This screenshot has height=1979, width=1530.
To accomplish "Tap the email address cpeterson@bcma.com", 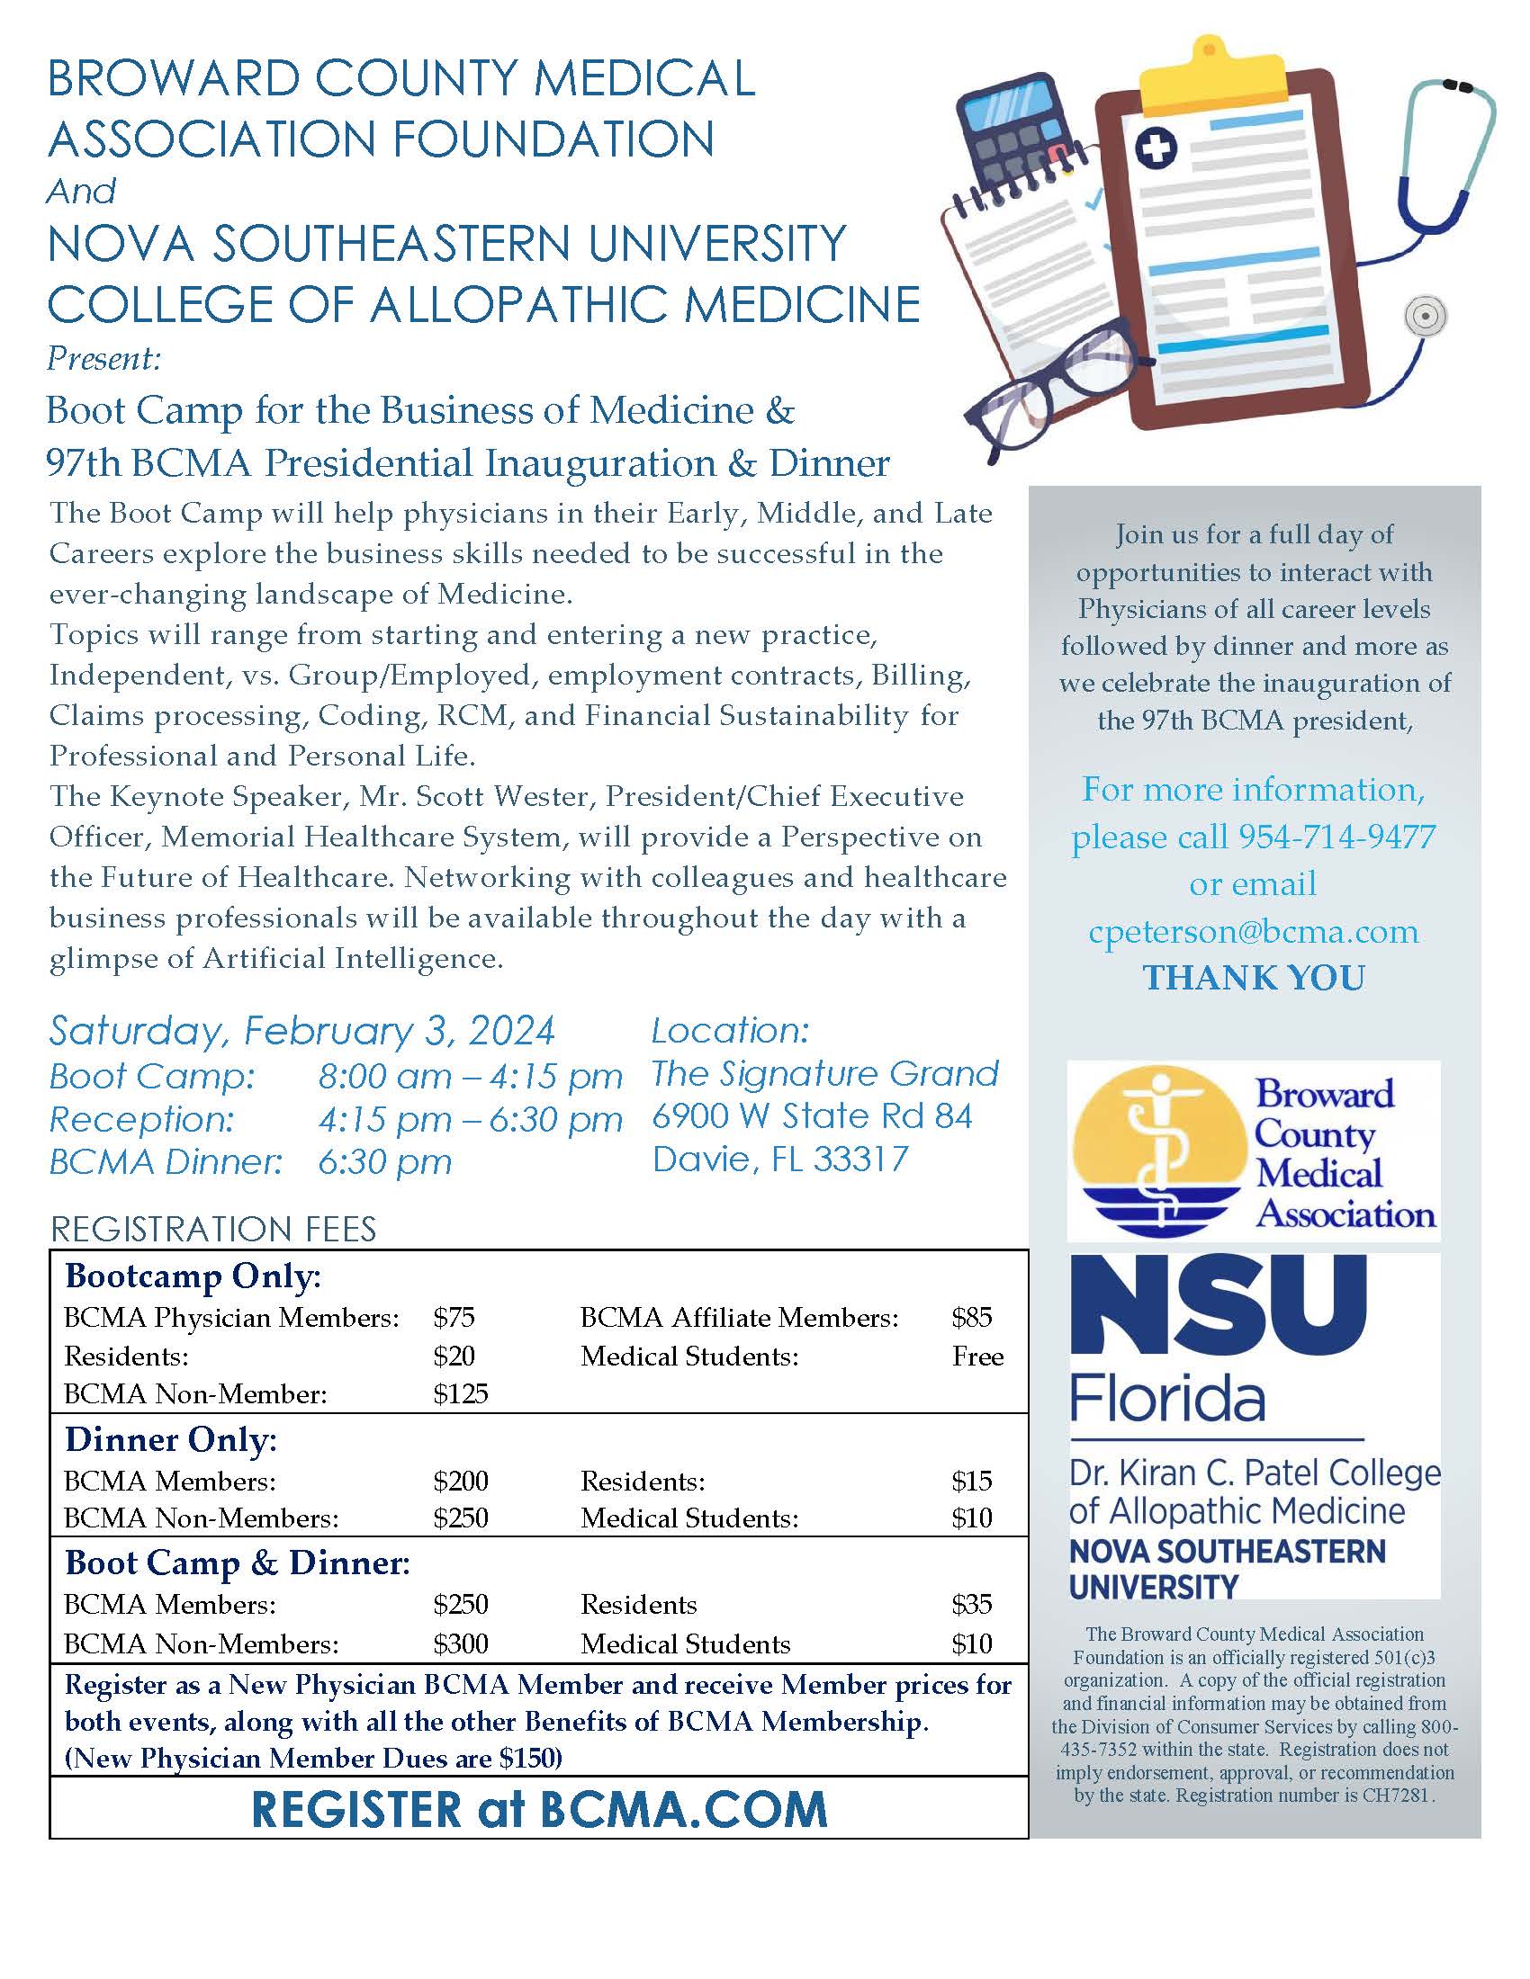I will (x=1254, y=932).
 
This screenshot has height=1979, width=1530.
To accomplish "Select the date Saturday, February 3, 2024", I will (x=301, y=1031).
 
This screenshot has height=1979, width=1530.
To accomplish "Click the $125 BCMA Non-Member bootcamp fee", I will (x=461, y=1393).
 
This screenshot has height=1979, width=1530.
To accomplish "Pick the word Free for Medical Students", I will (x=978, y=1357).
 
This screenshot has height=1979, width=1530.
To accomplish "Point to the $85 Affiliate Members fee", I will (x=972, y=1318).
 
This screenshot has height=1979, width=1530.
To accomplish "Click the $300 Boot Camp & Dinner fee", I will (x=461, y=1643).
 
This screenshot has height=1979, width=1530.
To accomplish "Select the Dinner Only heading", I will (x=171, y=1440).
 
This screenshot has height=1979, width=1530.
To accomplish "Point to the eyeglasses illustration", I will (x=1051, y=390).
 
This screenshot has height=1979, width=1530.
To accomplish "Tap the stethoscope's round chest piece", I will (x=1425, y=317).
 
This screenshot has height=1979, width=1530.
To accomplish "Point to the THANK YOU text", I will (x=1254, y=978).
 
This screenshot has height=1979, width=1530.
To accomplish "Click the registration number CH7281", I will (x=1395, y=1795).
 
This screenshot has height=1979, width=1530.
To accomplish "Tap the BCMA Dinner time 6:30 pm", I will (x=384, y=1162).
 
